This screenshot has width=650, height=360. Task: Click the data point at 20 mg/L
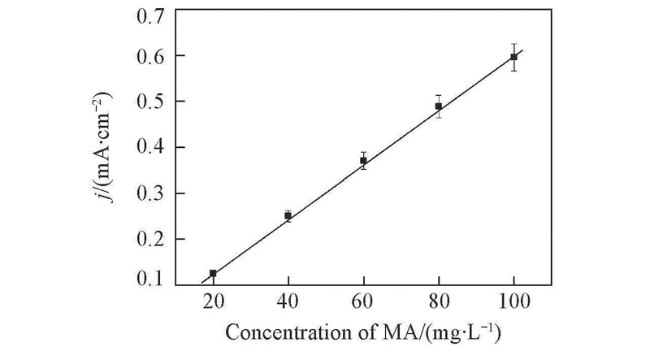coord(213,274)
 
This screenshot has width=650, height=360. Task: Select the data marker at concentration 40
coord(288,215)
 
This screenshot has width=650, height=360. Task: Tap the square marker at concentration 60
coord(363,160)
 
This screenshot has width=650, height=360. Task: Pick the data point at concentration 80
coord(439,106)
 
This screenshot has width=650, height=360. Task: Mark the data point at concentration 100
coord(513,57)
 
